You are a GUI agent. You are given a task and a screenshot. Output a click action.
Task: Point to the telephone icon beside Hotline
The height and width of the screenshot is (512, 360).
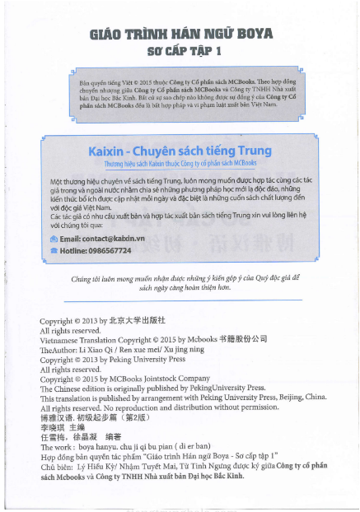click(54, 250)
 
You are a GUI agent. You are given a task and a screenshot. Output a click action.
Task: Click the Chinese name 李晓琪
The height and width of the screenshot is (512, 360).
click(54, 427)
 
